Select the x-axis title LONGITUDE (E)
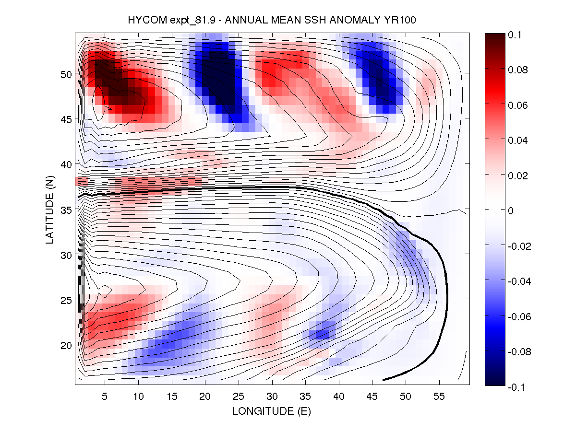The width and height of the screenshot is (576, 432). click(x=272, y=411)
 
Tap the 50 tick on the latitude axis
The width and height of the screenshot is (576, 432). click(x=65, y=74)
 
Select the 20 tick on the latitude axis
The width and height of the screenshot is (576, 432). click(x=65, y=345)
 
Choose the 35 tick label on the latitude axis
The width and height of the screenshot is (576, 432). click(x=65, y=210)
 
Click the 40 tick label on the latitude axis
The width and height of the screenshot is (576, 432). click(x=65, y=164)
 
